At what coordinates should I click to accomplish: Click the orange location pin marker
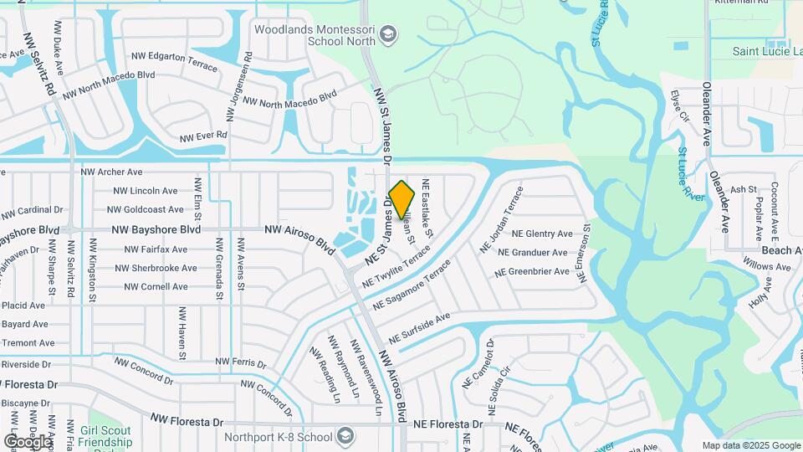[402, 199]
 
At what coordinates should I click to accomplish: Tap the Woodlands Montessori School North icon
[388, 34]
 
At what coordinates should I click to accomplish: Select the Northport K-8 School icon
[345, 436]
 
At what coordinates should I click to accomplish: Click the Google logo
[27, 441]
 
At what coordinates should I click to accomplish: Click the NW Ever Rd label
[204, 135]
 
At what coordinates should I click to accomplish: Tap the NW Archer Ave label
[111, 172]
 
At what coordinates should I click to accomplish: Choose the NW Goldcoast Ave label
[146, 209]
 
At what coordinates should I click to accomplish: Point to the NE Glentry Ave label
[542, 234]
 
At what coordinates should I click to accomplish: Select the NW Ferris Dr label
[241, 362]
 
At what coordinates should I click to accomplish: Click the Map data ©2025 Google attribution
[750, 445]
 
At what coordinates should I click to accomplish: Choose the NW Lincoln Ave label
[142, 191]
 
